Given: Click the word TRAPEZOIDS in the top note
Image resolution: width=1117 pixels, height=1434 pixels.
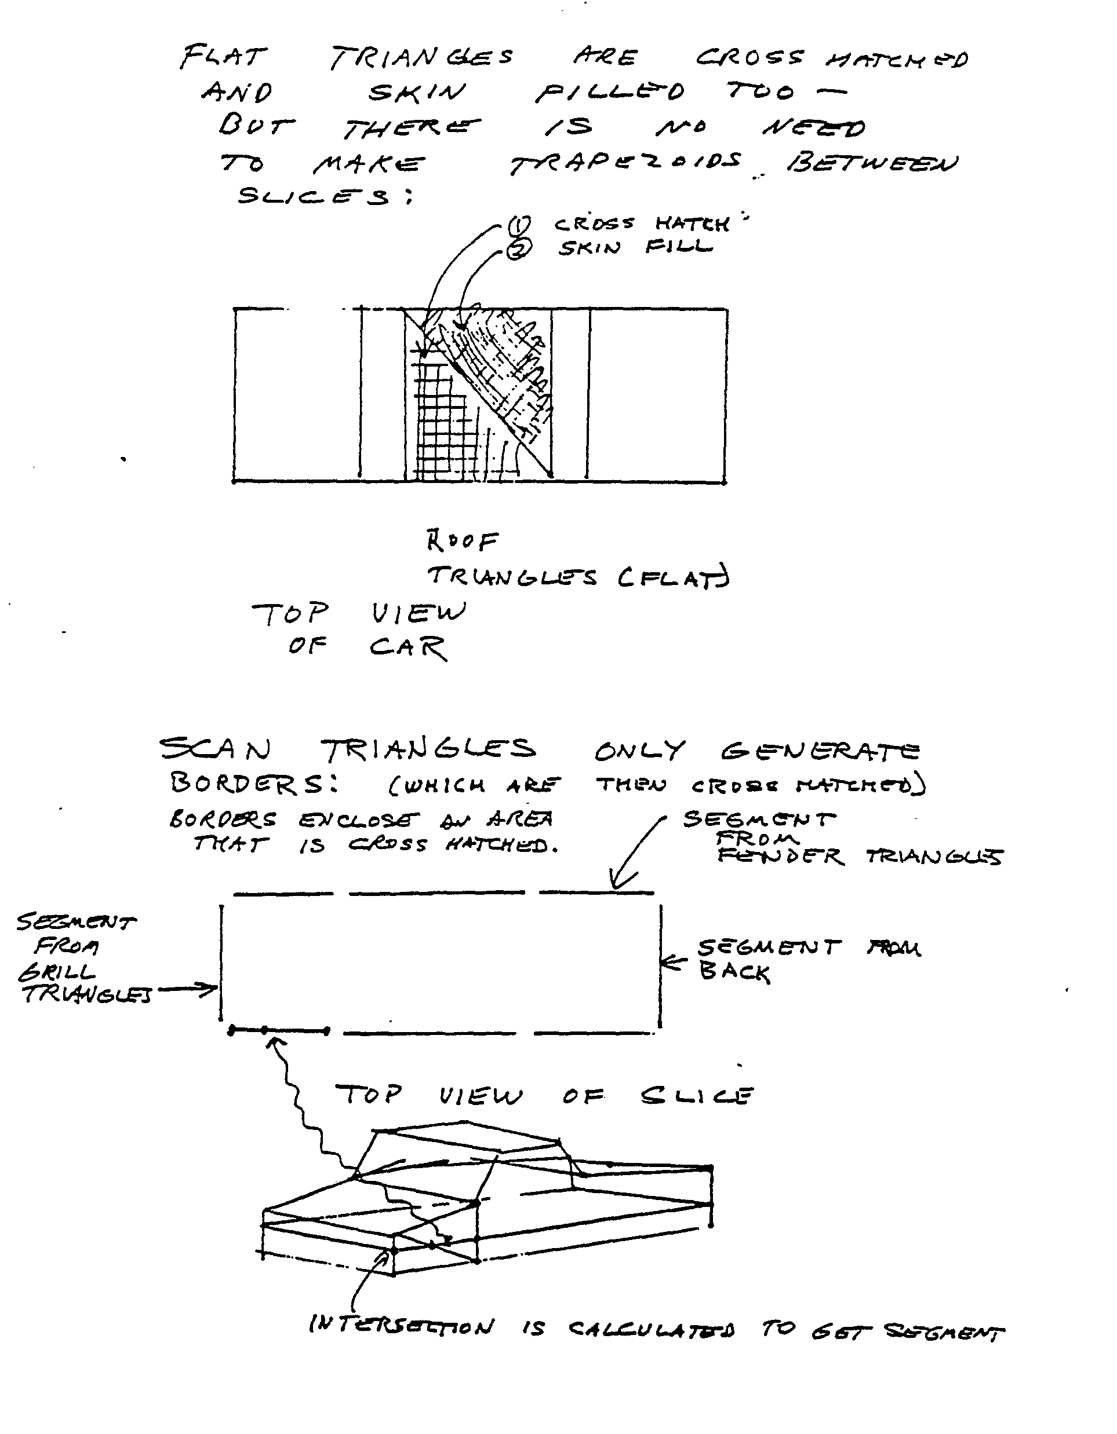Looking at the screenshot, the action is click(x=625, y=163).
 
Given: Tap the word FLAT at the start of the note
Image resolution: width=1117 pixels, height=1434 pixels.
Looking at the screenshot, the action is click(x=223, y=57).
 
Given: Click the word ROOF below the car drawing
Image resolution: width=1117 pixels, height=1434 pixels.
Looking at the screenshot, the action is click(x=462, y=541).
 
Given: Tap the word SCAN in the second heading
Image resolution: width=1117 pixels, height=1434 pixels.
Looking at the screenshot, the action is click(x=215, y=748).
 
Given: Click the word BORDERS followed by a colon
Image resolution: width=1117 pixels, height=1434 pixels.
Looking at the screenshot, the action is click(x=248, y=782).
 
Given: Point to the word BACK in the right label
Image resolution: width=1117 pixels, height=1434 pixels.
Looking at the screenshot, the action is click(x=734, y=972).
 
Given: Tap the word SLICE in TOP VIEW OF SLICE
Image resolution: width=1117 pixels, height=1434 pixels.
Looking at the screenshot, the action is click(x=697, y=1095).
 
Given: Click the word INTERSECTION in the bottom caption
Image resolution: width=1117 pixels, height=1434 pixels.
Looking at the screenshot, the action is click(x=401, y=1326).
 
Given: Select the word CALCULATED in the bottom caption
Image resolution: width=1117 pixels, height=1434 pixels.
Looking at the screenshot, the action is click(x=650, y=1329).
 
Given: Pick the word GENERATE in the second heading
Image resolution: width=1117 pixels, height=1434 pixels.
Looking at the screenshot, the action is click(x=820, y=751).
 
